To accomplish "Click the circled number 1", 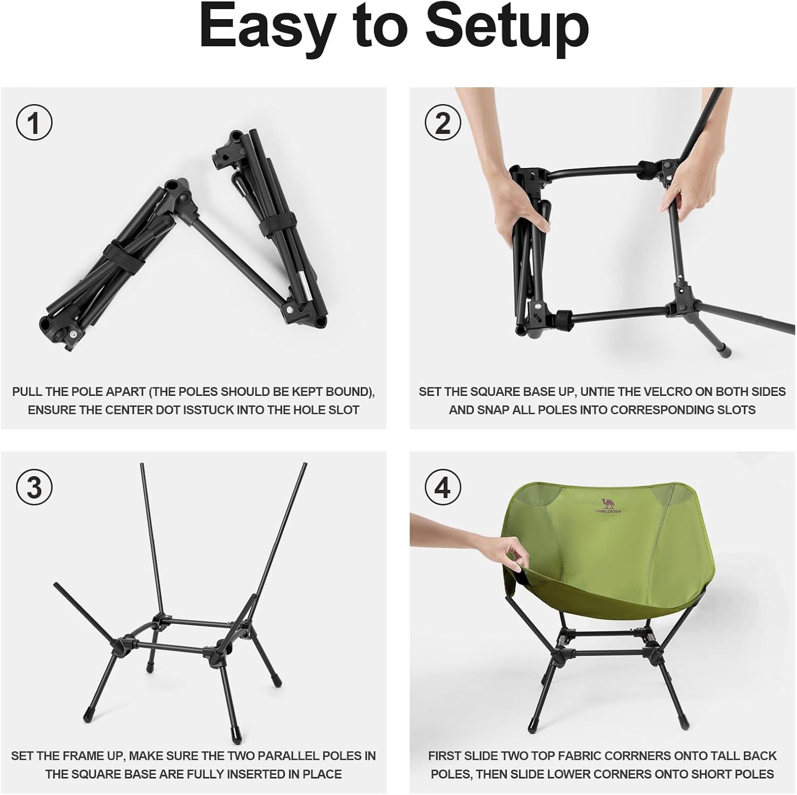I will (34, 123).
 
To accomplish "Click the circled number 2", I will (443, 123).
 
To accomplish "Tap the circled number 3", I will (34, 487).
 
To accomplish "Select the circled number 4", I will (443, 487).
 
